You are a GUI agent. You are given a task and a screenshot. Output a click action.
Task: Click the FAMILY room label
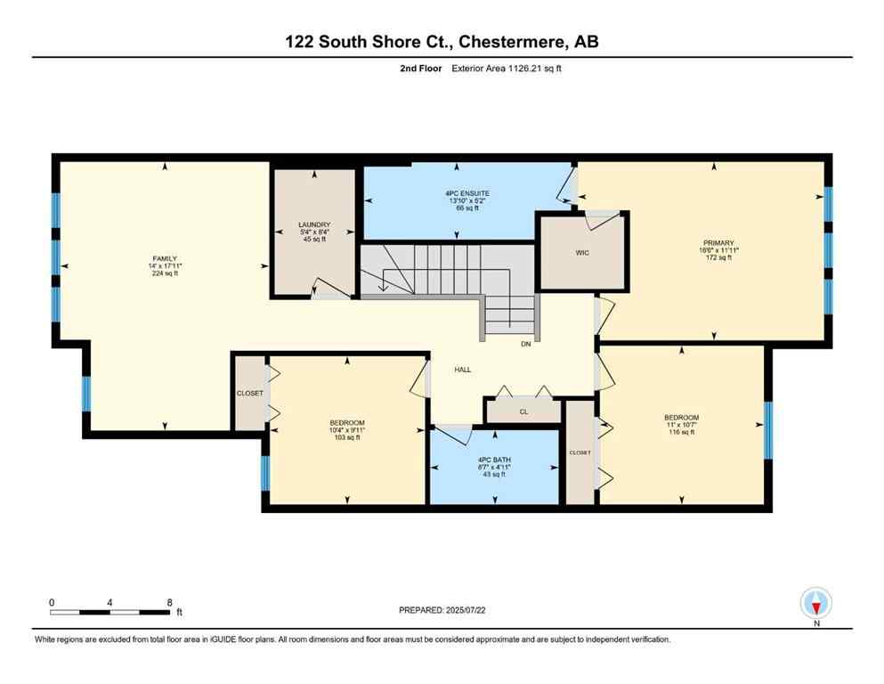(x=164, y=258)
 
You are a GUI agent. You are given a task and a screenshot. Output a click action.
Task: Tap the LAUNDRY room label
(x=314, y=224)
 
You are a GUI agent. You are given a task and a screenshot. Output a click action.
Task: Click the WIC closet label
(x=582, y=252)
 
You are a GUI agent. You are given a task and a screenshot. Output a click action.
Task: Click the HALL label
(x=462, y=369)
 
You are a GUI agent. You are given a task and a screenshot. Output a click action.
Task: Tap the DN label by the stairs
(x=526, y=342)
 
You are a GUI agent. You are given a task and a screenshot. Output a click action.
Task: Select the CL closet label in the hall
(x=523, y=412)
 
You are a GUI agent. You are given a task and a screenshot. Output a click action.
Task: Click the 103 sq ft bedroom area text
(x=346, y=437)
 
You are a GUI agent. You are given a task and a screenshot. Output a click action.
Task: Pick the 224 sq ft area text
(x=164, y=273)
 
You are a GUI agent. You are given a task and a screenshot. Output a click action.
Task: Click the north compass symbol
(x=815, y=603)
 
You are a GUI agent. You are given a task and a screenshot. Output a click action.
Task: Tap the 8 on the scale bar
(x=169, y=602)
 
